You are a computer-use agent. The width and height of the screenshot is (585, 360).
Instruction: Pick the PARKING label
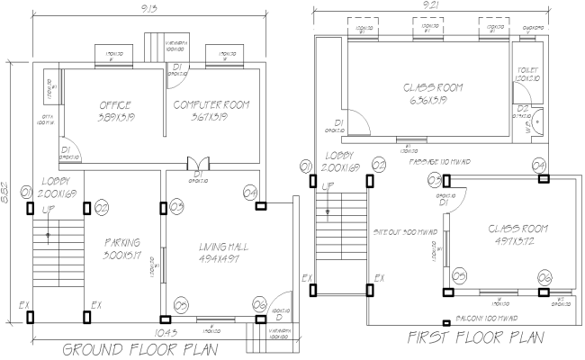click(x=121, y=243)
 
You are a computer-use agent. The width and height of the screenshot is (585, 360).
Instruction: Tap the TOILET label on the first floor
click(x=528, y=70)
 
